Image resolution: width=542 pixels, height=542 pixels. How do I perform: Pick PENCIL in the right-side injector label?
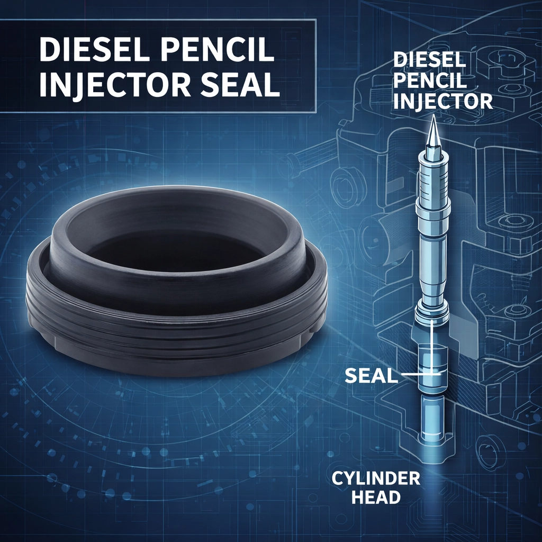point(430,80)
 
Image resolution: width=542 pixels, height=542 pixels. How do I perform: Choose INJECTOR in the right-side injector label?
point(443,101)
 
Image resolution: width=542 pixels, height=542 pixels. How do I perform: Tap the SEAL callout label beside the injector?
point(371,375)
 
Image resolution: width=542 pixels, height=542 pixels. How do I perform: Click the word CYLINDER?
point(376,478)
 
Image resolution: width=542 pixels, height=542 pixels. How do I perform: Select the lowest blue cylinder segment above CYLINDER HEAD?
point(432,418)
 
